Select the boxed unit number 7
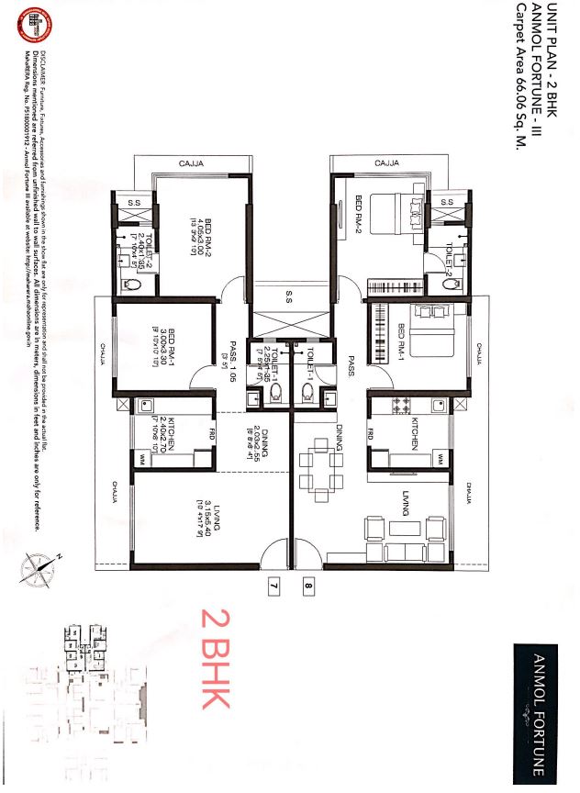click(273, 582)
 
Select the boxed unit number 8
click(308, 582)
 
